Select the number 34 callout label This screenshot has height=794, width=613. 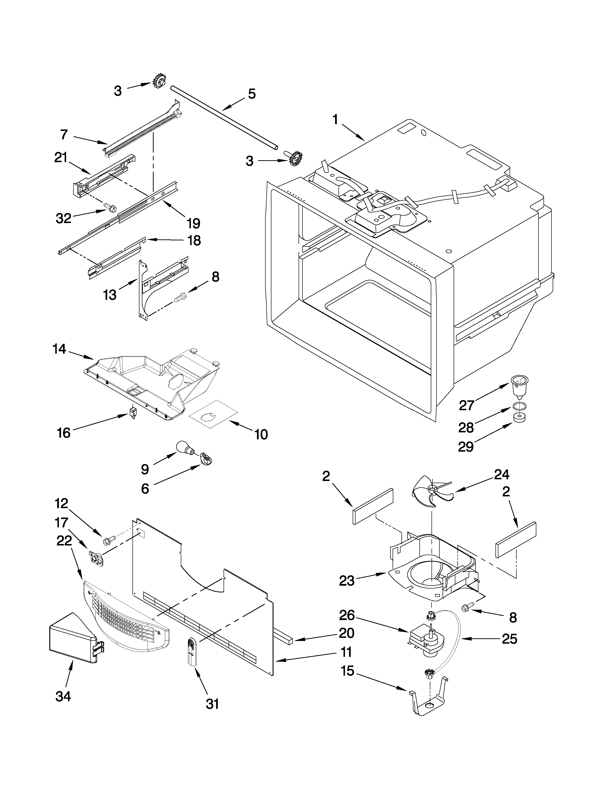pos(63,696)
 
